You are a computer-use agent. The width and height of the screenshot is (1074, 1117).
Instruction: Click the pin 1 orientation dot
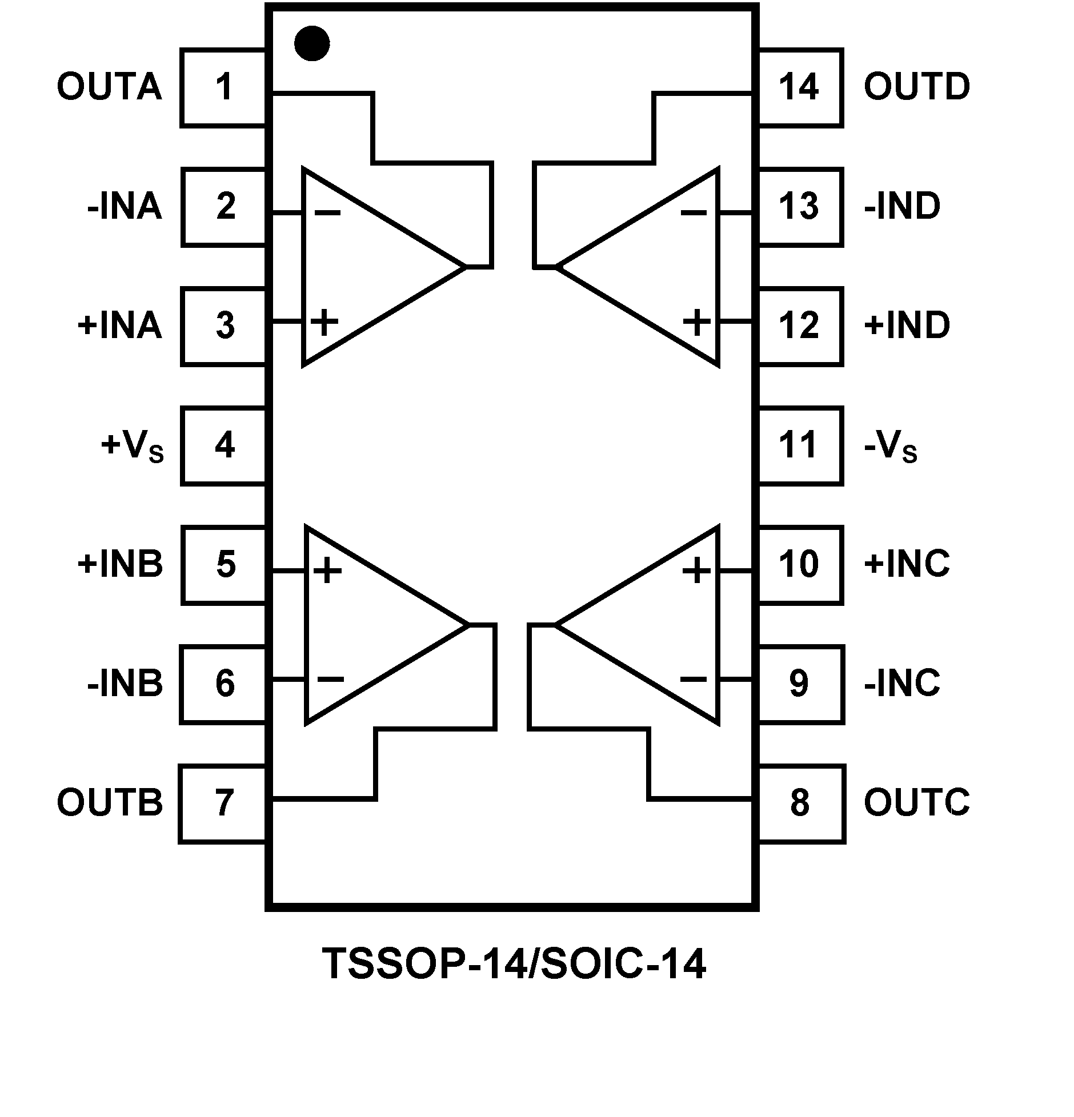[x=312, y=43]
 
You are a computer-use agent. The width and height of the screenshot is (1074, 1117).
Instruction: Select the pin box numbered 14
[x=799, y=87]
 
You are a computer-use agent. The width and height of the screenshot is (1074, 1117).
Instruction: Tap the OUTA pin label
[x=109, y=87]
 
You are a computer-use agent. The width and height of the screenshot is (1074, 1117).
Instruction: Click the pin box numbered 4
[x=224, y=445]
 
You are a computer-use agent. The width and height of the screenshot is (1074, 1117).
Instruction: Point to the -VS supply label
[x=890, y=447]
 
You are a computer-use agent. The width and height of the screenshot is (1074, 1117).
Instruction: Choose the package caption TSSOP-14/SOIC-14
[x=514, y=963]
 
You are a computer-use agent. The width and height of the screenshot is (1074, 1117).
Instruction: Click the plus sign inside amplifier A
[x=324, y=322]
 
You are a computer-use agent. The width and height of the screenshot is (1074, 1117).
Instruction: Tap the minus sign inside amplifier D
[x=694, y=213]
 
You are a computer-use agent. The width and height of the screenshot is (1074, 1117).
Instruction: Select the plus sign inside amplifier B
[x=327, y=570]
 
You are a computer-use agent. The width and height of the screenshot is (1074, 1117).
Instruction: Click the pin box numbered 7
[x=223, y=803]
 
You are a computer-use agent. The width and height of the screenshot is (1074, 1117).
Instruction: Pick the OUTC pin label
[x=916, y=802]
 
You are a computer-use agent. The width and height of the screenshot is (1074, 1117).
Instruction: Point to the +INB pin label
[x=120, y=564]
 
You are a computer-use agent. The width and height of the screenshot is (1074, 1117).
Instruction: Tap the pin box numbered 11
[x=799, y=445]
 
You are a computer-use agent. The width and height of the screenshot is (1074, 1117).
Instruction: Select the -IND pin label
[x=901, y=206]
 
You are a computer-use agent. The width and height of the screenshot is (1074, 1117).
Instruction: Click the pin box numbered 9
[x=799, y=684]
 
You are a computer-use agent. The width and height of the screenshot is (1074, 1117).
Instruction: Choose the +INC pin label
[x=907, y=564]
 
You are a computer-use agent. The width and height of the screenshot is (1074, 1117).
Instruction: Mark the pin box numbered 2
[x=225, y=207]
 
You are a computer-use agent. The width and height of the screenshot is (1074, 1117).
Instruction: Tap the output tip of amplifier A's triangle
[x=466, y=266]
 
